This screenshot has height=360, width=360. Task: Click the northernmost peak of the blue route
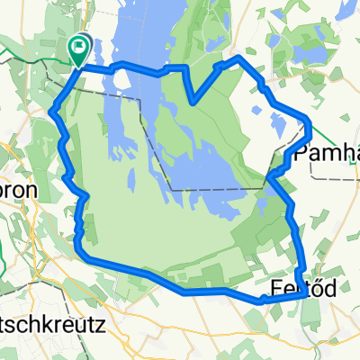click(238, 57)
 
